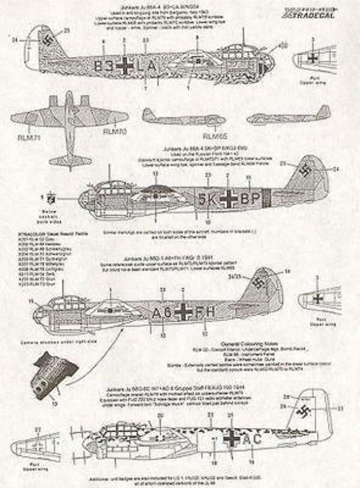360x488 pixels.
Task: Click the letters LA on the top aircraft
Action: click(x=148, y=67)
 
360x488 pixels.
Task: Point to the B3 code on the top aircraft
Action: click(x=103, y=67)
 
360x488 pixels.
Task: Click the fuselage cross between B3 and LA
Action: click(x=125, y=66)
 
